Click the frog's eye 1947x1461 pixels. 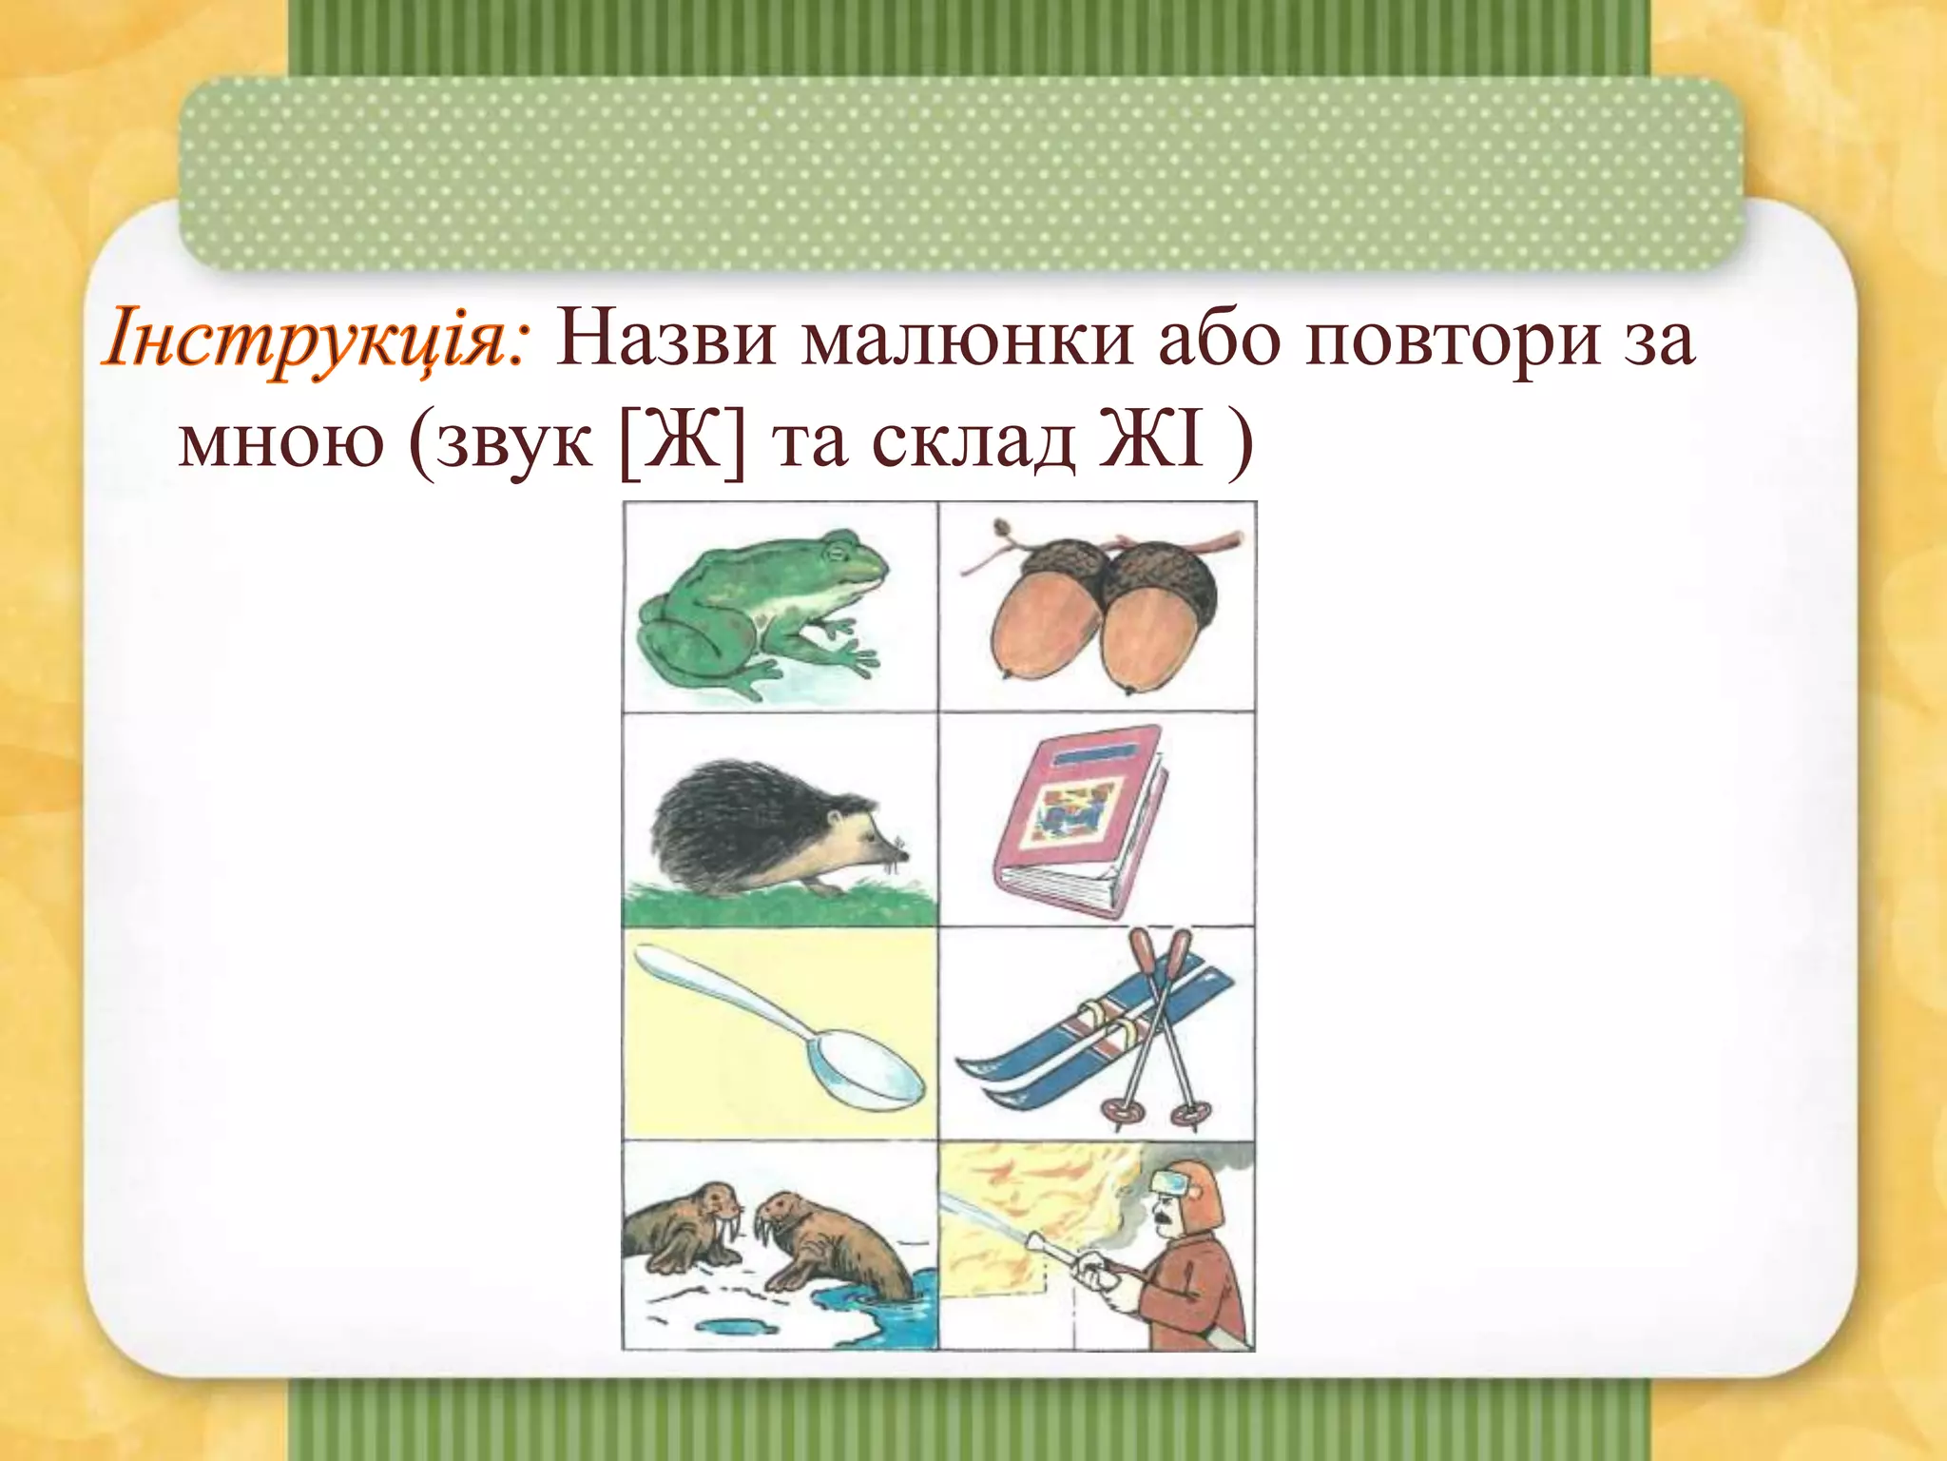pyautogui.click(x=837, y=551)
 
